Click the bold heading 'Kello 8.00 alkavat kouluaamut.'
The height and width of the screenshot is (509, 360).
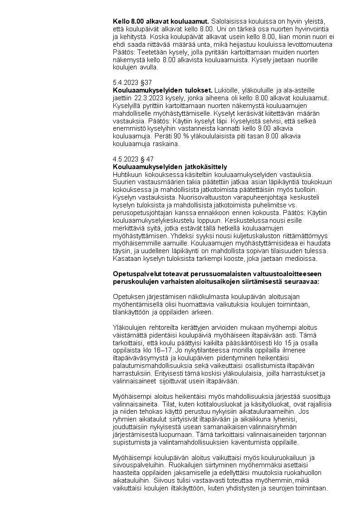click(x=161, y=21)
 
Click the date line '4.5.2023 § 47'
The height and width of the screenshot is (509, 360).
click(x=133, y=159)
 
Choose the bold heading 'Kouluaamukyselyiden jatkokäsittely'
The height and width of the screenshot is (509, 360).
click(x=170, y=167)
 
